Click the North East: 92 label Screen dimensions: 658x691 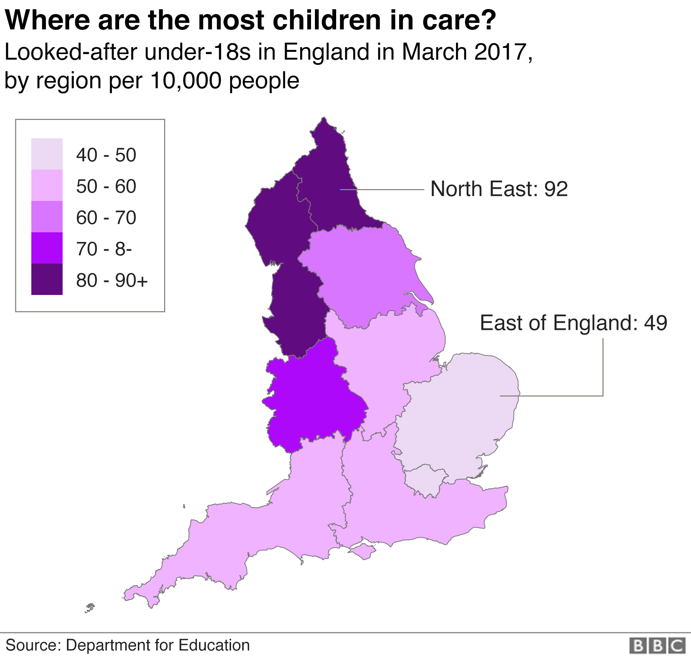tap(499, 189)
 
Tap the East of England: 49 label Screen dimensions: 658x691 tap(573, 323)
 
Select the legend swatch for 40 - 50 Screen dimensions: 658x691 tap(47, 154)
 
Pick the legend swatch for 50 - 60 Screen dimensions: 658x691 tap(47, 185)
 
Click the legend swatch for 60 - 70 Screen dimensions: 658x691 tap(47, 216)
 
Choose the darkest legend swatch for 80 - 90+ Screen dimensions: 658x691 tap(47, 279)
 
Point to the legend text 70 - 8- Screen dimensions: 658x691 tap(104, 249)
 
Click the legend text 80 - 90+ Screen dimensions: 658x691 tap(112, 280)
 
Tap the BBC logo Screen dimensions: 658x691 tap(657, 645)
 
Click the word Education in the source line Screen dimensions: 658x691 tap(214, 645)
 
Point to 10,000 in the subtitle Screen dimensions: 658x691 tap(186, 80)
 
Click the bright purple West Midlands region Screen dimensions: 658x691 tap(313, 400)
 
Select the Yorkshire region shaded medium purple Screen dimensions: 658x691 tap(363, 274)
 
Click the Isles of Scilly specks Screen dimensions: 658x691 tap(89, 608)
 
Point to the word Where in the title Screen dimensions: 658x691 tap(47, 20)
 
